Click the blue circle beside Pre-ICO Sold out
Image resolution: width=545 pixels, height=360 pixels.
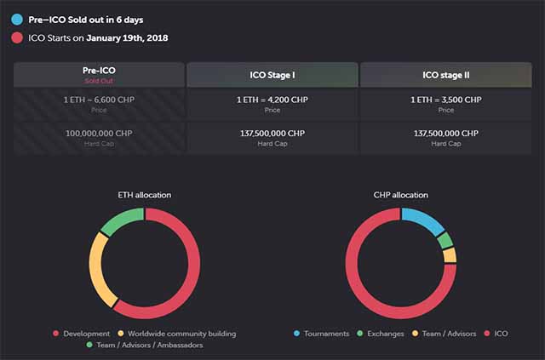[x=17, y=18]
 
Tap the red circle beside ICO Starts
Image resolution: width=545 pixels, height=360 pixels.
[x=17, y=37]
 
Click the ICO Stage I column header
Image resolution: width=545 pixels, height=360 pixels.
[x=272, y=75]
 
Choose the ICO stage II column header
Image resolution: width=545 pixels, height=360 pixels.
[x=445, y=75]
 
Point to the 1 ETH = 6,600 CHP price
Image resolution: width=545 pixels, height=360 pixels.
[x=100, y=100]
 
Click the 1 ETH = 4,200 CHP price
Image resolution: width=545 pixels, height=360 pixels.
[x=272, y=100]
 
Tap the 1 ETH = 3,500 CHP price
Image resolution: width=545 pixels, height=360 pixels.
[x=445, y=100]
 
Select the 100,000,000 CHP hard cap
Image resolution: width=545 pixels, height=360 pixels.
[x=100, y=134]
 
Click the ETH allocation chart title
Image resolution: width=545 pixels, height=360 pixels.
[x=145, y=195]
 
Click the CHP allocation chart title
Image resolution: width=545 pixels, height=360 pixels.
[x=401, y=195]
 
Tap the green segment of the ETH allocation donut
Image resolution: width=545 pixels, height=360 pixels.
[x=120, y=220]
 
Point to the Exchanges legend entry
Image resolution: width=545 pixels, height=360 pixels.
[x=381, y=334]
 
